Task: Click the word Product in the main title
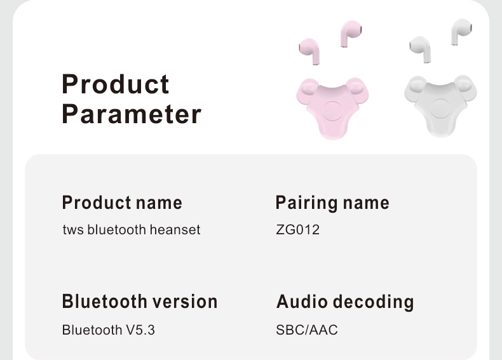[x=116, y=84]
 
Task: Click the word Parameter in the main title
[x=132, y=115]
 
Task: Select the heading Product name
[x=122, y=203]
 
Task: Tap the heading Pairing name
[x=332, y=203]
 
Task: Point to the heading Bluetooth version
[x=140, y=302]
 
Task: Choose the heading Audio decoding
[x=345, y=302]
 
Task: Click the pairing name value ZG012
[x=298, y=230]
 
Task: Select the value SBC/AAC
[x=307, y=330]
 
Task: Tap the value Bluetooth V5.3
[x=109, y=330]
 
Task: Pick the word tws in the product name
[x=73, y=230]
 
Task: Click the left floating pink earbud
[x=310, y=50]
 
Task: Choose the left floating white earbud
[x=420, y=47]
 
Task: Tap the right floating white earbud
[x=461, y=29]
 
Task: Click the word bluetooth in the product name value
[x=116, y=230]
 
